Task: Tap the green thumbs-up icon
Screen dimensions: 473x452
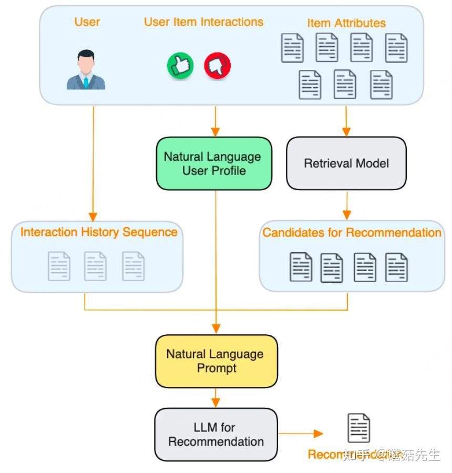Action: (180, 66)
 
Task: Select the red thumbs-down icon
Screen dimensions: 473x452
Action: (217, 66)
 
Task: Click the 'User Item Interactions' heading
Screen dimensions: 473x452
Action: (203, 22)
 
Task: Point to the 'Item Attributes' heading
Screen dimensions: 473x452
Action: (346, 23)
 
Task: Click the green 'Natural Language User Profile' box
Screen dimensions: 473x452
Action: (214, 163)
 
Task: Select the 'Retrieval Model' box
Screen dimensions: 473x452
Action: (346, 163)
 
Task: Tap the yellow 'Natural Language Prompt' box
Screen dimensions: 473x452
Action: (216, 361)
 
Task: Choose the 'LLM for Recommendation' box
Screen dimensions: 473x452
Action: (216, 434)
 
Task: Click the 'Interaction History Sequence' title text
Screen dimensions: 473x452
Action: (99, 232)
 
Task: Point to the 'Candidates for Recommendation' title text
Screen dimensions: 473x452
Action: (352, 233)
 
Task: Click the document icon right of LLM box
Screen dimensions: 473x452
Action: (359, 428)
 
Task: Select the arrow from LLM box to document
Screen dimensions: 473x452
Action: (300, 434)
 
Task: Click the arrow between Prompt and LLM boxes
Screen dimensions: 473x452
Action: (216, 398)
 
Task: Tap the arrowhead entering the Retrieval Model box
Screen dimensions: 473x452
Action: (346, 132)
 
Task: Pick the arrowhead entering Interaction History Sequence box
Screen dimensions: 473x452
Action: (93, 216)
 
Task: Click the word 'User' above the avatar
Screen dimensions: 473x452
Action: (87, 22)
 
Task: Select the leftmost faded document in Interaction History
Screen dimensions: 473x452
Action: (59, 266)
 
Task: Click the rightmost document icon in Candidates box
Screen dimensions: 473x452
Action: (396, 267)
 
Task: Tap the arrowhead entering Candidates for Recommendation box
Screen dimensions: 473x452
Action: (346, 215)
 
